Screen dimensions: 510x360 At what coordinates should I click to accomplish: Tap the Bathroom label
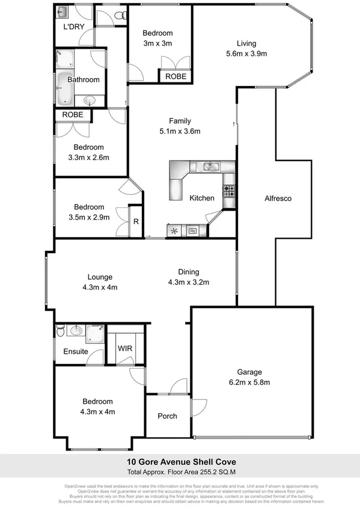(83, 79)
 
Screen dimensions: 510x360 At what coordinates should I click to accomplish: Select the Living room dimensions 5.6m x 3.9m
(246, 54)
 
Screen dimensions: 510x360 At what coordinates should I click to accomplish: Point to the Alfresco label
(278, 198)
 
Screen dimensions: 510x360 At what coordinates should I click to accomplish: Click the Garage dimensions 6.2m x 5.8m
(249, 382)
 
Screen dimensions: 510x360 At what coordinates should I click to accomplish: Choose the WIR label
(125, 348)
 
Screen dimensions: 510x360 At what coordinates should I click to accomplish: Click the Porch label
(167, 416)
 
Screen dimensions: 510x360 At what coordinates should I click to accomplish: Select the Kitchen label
(201, 198)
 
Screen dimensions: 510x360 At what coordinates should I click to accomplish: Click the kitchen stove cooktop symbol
(229, 192)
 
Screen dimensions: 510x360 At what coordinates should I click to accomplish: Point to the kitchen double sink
(210, 167)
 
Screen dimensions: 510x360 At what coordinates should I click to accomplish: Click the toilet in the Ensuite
(61, 331)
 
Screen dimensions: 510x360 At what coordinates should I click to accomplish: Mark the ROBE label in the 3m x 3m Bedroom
(175, 77)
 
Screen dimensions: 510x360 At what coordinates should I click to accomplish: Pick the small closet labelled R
(136, 222)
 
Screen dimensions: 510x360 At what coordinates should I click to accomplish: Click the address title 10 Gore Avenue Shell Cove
(180, 461)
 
